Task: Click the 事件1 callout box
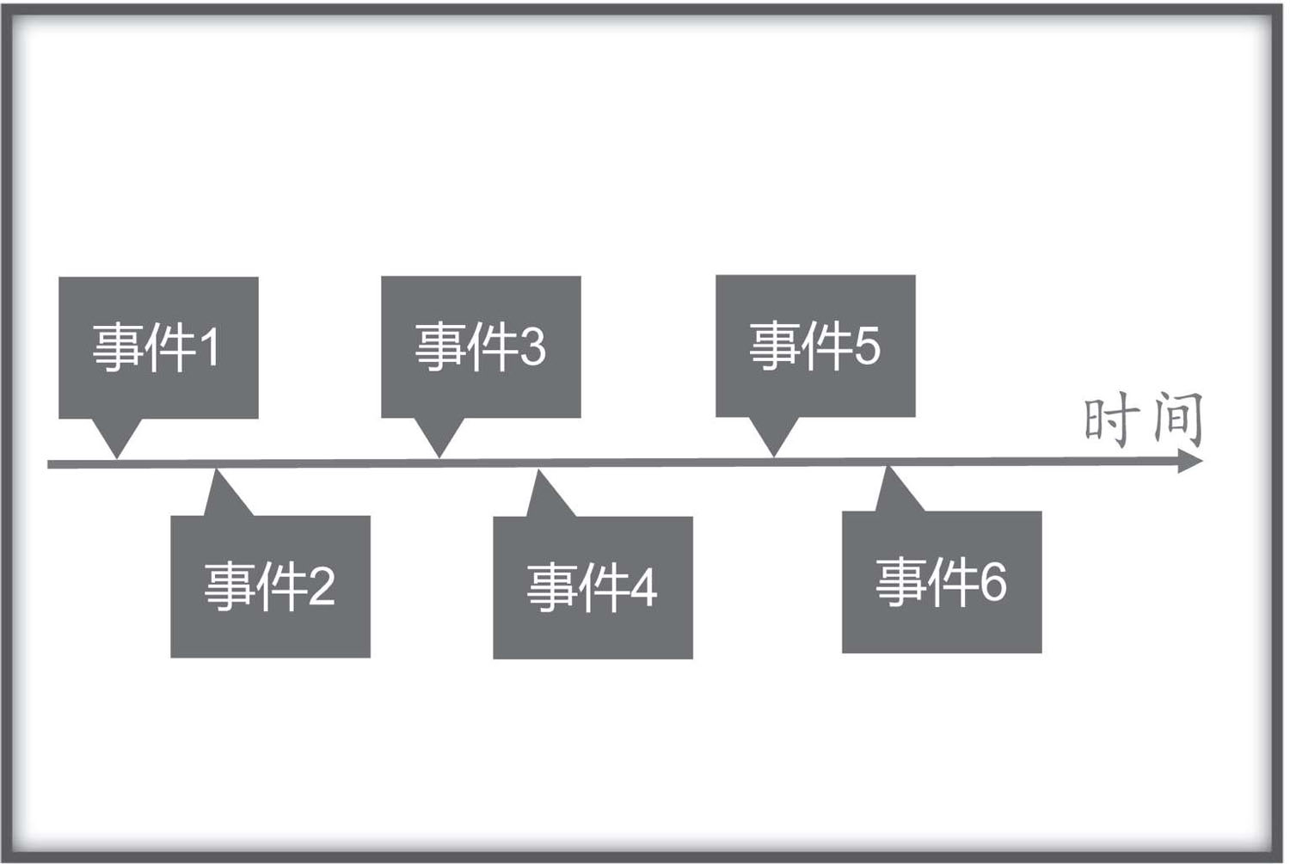click(158, 347)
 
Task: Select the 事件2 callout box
click(270, 586)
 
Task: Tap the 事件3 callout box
click(481, 346)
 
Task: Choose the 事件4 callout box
click(593, 587)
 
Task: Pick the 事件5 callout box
click(815, 346)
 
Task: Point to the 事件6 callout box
click(942, 582)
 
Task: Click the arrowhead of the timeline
click(1190, 461)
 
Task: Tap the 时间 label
click(1144, 420)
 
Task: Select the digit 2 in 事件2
click(322, 586)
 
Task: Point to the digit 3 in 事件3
click(532, 346)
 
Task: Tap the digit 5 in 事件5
click(867, 346)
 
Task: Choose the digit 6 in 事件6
click(993, 583)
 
